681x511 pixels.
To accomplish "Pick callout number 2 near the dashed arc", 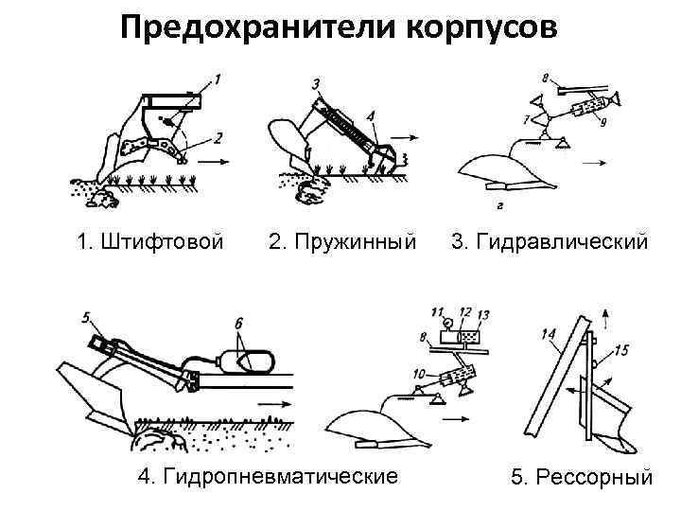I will tap(218, 137).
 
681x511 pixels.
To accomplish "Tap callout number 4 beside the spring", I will tap(372, 117).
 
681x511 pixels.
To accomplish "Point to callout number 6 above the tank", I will tap(239, 323).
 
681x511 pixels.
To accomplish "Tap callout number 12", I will tap(464, 311).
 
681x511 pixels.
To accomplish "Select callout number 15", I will tap(621, 350).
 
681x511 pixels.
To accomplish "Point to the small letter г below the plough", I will tap(498, 203).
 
